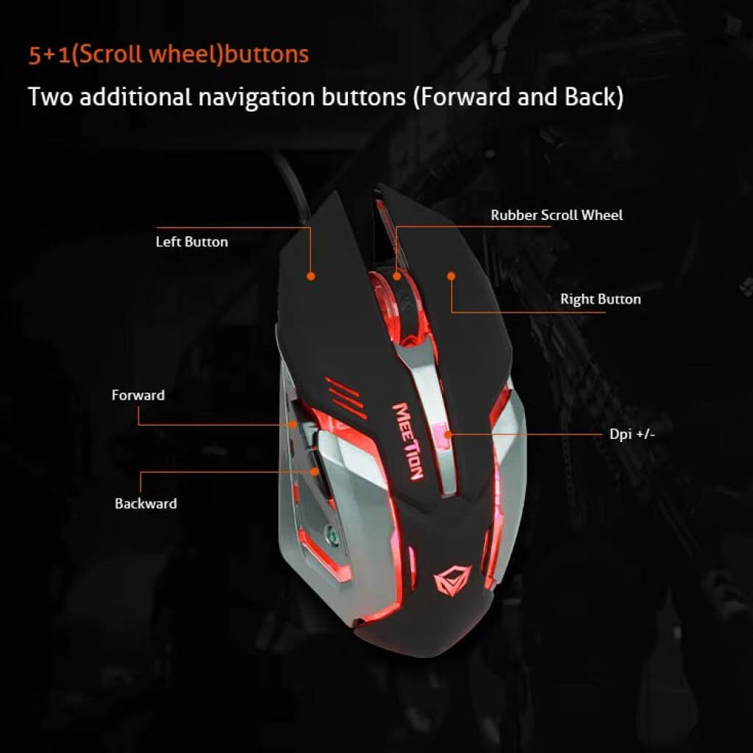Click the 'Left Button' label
pos(192,241)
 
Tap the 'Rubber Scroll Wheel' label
pos(557,215)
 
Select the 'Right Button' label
pos(600,299)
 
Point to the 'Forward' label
pos(138,395)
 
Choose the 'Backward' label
pos(146,503)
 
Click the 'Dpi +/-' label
pos(632,434)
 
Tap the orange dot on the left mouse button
pos(311,276)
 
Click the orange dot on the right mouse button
pos(451,276)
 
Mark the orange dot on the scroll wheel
pos(396,276)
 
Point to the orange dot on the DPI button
pos(448,435)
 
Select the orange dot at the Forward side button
pos(293,424)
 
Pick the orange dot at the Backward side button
pos(315,471)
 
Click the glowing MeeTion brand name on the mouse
pos(407,441)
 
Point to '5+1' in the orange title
pos(49,54)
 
